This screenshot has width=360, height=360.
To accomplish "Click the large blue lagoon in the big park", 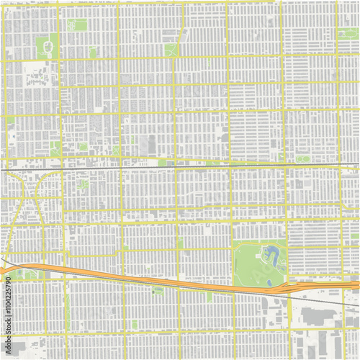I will [x=271, y=255].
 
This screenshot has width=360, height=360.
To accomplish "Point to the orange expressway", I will [x=144, y=277].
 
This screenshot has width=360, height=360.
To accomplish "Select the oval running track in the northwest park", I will [x=48, y=48].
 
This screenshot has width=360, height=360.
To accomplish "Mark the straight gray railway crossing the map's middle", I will [x=180, y=165].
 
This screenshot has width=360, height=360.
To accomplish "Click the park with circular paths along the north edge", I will [x=77, y=25].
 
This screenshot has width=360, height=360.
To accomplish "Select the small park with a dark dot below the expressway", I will [x=158, y=290].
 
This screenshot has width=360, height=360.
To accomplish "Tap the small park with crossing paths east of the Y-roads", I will [x=84, y=184].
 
